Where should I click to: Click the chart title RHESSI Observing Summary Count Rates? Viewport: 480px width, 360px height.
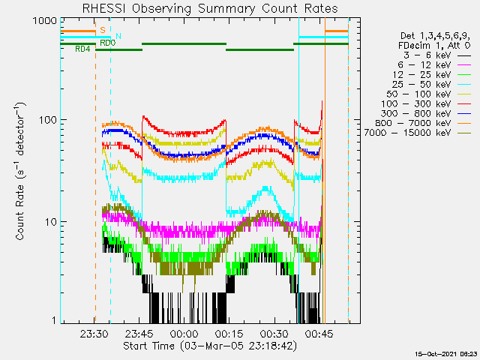(210, 8)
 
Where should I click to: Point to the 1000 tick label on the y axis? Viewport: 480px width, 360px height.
(45, 21)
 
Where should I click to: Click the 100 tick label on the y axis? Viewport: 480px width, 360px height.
(48, 120)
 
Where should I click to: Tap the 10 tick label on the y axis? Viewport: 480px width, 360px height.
(51, 222)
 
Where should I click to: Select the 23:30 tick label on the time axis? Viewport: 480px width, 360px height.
(94, 334)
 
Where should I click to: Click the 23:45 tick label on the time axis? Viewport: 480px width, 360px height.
(139, 334)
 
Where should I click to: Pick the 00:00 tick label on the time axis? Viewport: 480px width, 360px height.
(184, 334)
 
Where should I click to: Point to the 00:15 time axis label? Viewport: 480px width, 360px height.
(229, 334)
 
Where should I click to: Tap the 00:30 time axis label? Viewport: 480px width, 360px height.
(274, 334)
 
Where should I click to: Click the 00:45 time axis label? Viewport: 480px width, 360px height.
(319, 334)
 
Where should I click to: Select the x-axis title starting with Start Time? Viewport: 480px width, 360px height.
(210, 346)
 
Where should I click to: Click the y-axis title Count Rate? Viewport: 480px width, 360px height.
(20, 171)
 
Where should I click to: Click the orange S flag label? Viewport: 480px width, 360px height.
(103, 30)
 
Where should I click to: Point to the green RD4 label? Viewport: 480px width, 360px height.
(82, 49)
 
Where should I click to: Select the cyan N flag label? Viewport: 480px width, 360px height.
(118, 36)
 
